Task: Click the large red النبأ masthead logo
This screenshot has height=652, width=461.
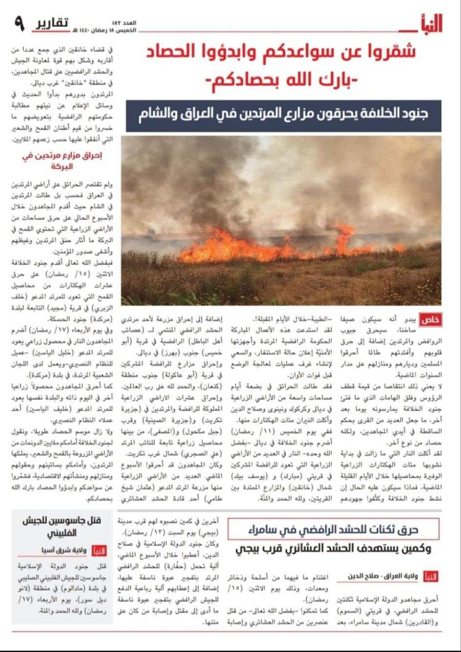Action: point(429,23)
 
